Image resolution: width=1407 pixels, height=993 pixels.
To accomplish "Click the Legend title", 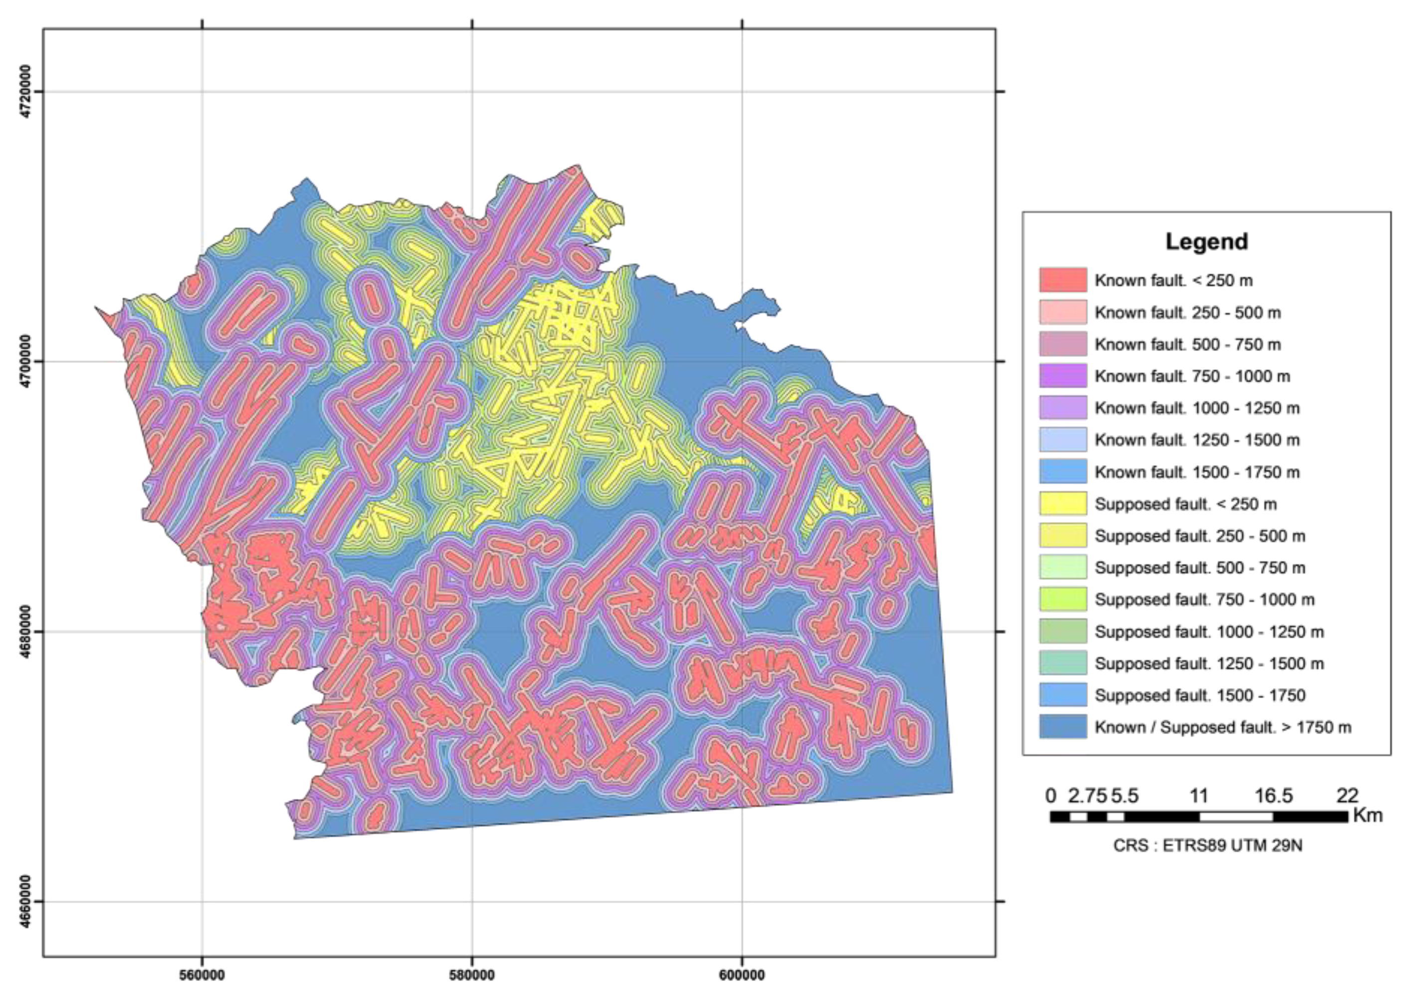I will coord(1206,241).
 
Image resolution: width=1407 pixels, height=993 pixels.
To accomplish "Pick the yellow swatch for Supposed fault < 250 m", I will coord(1062,503).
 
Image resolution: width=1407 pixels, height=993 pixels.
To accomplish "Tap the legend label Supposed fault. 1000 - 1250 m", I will coord(1209,631).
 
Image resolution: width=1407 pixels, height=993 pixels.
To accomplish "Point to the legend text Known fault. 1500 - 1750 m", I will coord(1197,472).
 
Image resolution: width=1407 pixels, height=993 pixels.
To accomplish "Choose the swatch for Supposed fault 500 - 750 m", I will coord(1062,567).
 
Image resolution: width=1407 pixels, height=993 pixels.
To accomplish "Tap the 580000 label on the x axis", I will coord(472,975).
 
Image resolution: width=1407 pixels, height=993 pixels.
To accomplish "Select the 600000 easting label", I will coord(742,975).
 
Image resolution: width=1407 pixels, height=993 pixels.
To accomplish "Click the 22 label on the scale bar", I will coord(1348,795).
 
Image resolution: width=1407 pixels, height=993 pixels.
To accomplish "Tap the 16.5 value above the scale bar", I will coord(1273,795).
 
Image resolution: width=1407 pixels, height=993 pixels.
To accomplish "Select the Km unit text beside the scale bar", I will coord(1368,815).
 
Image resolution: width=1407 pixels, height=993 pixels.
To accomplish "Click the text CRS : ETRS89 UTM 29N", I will coord(1207,846).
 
